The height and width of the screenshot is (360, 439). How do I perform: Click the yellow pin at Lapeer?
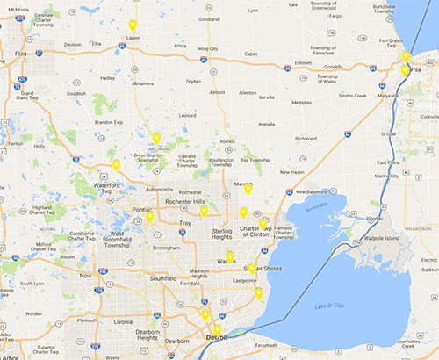133,26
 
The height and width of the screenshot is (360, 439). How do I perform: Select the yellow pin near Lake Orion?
156,139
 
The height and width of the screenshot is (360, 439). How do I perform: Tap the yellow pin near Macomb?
248,189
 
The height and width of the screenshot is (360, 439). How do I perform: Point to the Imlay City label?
208,48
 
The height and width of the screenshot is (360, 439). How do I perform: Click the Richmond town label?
306,138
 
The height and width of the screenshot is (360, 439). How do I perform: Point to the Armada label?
265,124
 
